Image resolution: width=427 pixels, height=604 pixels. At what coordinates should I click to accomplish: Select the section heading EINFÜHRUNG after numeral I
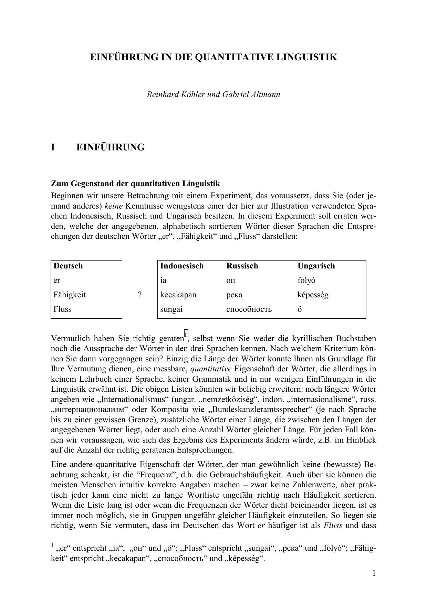click(110, 147)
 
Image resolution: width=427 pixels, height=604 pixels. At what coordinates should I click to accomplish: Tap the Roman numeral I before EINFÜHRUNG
click(53, 147)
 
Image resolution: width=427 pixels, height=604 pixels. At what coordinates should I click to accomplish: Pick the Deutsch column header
click(68, 266)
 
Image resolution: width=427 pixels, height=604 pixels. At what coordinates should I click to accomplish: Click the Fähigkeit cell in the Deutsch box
click(70, 295)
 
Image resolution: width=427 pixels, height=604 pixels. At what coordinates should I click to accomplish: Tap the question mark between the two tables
click(140, 295)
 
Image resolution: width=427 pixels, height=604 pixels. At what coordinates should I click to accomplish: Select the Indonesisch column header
click(182, 266)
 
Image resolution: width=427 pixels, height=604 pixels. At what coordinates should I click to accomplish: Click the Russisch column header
click(242, 266)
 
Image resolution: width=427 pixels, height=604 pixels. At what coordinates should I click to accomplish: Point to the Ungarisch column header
click(316, 266)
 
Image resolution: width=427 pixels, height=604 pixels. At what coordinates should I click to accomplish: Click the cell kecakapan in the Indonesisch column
click(178, 295)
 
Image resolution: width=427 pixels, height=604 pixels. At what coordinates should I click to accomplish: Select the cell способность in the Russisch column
click(249, 309)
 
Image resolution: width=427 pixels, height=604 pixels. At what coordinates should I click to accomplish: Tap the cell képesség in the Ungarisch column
click(313, 295)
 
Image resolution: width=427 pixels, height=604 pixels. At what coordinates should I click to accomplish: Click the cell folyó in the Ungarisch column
click(306, 280)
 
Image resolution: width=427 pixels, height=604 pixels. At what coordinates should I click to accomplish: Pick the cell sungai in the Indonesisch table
click(171, 309)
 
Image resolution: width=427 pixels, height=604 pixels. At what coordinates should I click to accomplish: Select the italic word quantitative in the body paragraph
click(211, 369)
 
